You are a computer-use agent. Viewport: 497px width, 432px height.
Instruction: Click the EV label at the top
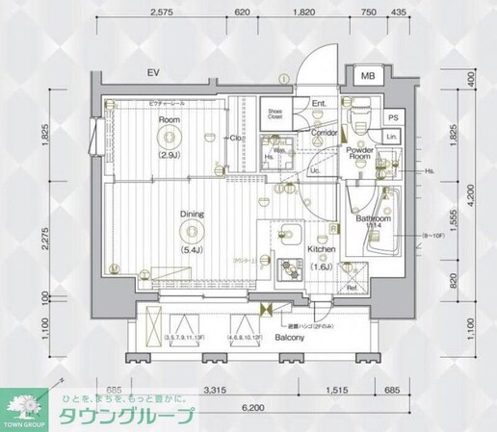(x=151, y=73)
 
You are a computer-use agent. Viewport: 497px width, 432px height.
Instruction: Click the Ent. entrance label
(x=319, y=104)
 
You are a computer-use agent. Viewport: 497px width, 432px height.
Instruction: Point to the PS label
(x=392, y=117)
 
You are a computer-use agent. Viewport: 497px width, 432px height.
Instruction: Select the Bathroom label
(x=372, y=220)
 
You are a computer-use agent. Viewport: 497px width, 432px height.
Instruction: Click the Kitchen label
(x=321, y=249)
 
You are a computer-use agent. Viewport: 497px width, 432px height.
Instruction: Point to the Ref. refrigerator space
(x=352, y=287)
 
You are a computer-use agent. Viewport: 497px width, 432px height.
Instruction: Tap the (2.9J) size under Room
(x=170, y=154)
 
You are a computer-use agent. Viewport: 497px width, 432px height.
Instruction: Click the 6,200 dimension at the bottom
(x=252, y=408)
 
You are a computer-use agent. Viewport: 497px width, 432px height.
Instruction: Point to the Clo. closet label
(x=234, y=139)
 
